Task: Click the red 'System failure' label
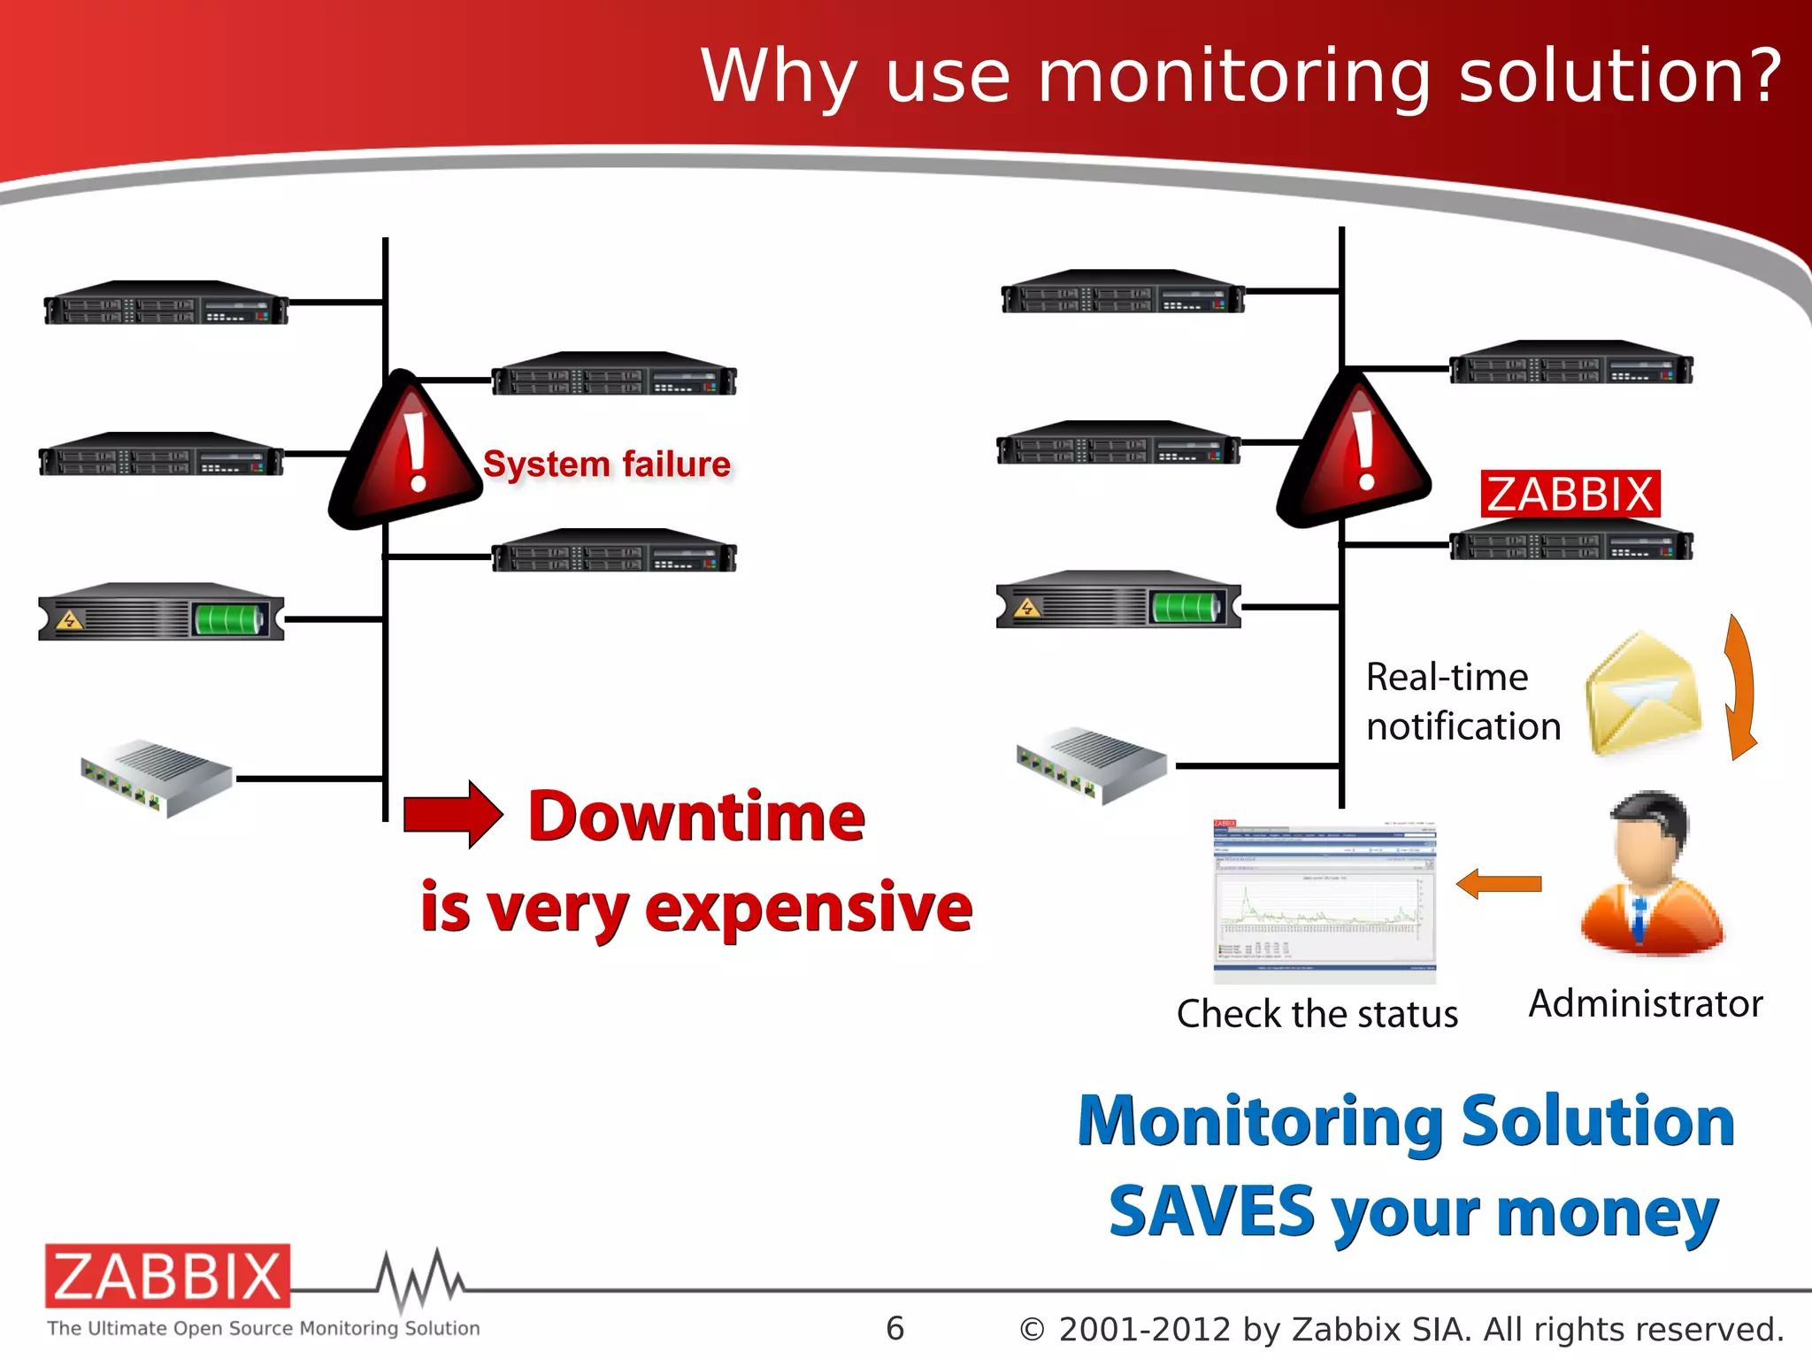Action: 607,465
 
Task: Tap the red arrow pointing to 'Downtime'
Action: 452,814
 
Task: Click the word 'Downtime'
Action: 696,816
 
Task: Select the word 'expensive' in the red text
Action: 809,909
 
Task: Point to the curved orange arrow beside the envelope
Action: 1740,687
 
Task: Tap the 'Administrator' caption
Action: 1646,1004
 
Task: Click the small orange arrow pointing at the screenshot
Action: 1499,883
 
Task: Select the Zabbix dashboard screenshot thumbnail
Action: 1324,901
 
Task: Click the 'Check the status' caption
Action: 1317,1014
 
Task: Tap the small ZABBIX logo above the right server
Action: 1570,494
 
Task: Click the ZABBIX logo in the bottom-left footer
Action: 168,1276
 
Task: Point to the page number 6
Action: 894,1328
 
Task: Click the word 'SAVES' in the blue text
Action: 1211,1212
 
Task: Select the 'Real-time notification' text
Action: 1462,702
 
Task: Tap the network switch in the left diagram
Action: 157,778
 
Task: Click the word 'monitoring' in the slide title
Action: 1233,77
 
